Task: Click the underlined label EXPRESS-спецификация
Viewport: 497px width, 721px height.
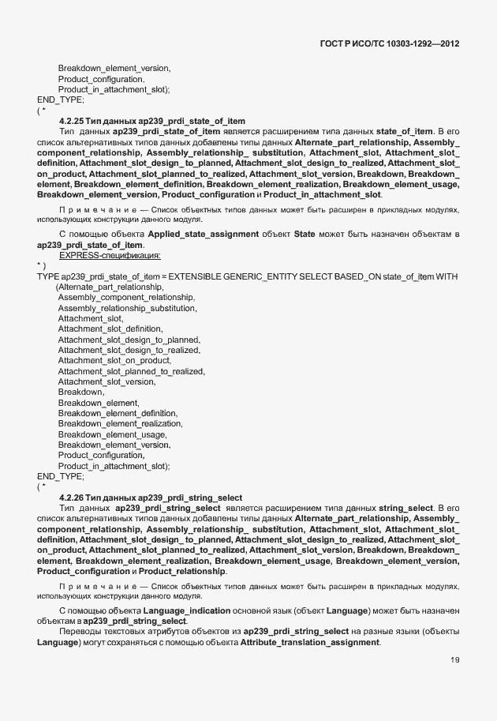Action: pyautogui.click(x=110, y=255)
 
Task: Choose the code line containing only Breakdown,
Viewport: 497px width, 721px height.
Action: pyautogui.click(x=81, y=392)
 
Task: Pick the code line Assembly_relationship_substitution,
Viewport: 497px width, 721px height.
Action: pyautogui.click(x=127, y=307)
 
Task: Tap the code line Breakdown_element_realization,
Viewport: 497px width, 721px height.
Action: pyautogui.click(x=120, y=423)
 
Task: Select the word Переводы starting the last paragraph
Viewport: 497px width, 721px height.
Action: pyautogui.click(x=80, y=633)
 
